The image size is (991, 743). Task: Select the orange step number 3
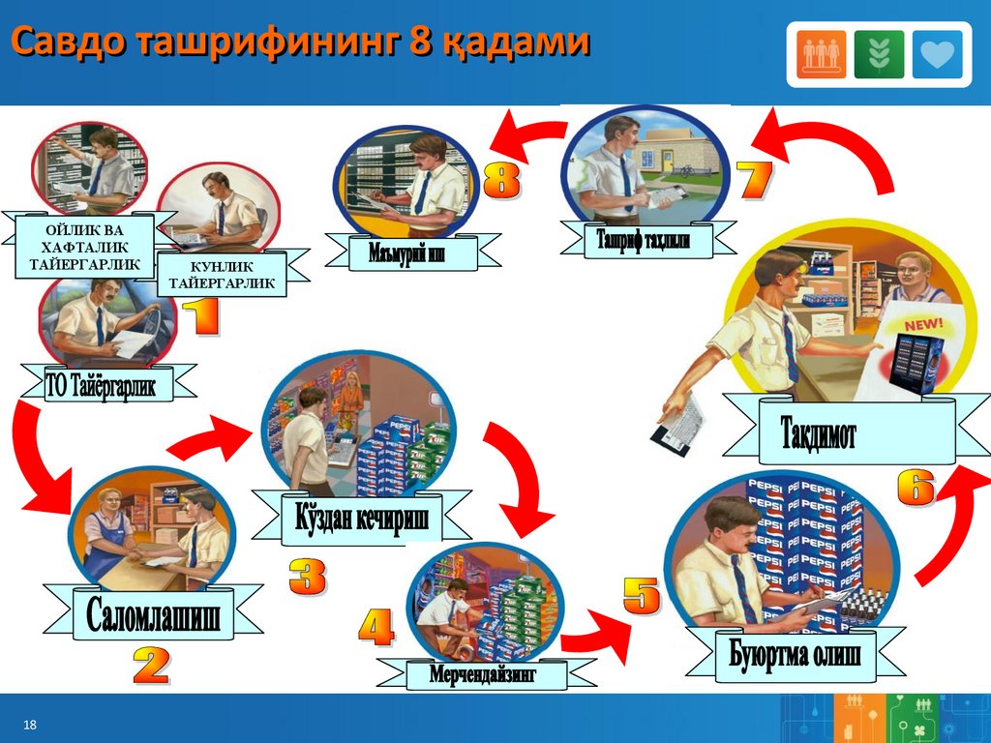(x=307, y=577)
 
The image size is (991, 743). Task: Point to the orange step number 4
(x=375, y=628)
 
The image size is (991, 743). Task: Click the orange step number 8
(x=500, y=181)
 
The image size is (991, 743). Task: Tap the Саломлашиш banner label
(x=153, y=614)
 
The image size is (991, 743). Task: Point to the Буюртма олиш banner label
(x=795, y=653)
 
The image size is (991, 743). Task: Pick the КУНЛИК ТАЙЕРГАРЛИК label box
(x=222, y=275)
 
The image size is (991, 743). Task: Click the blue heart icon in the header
(x=937, y=54)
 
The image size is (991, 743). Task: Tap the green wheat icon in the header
(x=879, y=54)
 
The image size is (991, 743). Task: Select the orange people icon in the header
(x=822, y=54)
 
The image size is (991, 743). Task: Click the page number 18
(x=29, y=726)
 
